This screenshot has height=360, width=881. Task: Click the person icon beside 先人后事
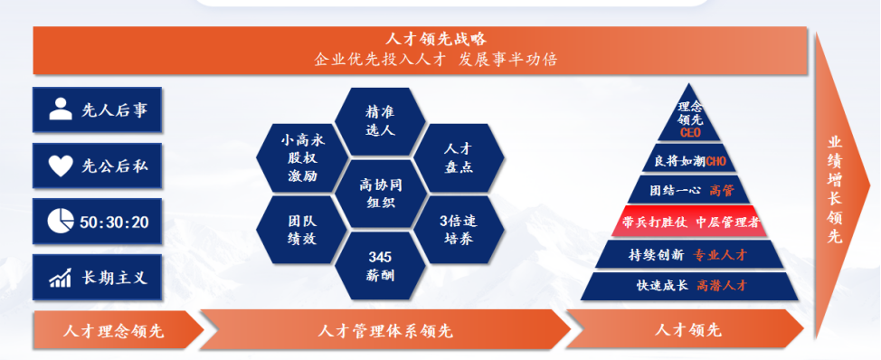(x=60, y=109)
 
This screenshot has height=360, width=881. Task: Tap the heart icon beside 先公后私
(x=60, y=166)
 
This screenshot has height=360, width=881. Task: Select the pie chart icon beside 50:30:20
(x=61, y=221)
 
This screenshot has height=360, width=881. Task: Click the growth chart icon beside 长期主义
(x=60, y=278)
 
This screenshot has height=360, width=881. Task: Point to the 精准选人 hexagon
(x=381, y=120)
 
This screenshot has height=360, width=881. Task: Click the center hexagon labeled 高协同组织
(x=381, y=193)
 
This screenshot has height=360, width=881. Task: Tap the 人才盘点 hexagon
(x=459, y=158)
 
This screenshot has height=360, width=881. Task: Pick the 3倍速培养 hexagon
(x=459, y=229)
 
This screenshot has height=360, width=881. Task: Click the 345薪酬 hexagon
(x=381, y=266)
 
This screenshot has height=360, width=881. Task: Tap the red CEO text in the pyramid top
(x=690, y=133)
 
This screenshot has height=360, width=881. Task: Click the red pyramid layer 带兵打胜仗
(x=690, y=222)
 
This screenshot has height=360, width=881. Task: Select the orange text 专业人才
(x=721, y=254)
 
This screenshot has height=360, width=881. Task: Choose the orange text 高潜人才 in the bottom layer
(x=722, y=285)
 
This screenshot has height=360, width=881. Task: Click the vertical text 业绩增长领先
(x=834, y=189)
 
